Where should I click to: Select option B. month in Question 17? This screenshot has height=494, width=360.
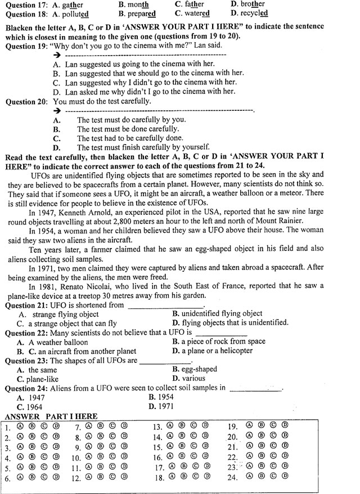click(133, 4)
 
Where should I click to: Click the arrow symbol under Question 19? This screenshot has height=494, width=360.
click(56, 55)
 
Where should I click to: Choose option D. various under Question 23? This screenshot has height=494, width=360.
click(188, 379)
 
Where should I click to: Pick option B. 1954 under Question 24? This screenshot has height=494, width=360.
click(161, 397)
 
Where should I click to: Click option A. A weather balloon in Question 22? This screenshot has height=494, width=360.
click(52, 342)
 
